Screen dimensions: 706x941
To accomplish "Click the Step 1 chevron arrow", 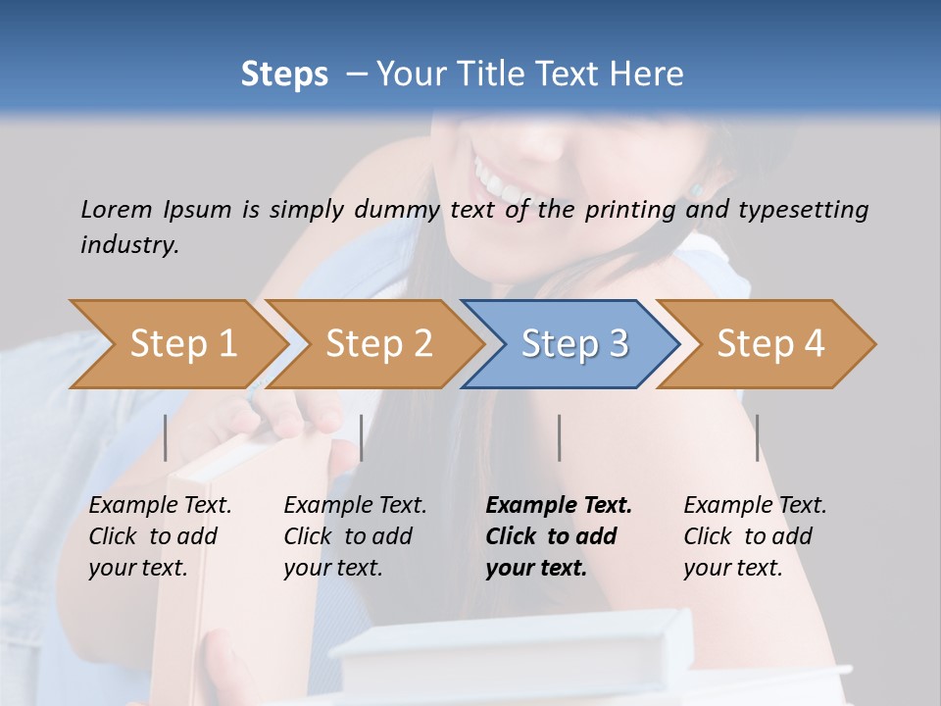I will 181,344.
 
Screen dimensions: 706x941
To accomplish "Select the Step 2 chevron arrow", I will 377,344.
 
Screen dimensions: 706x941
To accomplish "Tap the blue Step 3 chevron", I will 573,344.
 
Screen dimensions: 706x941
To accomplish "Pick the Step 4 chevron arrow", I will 769,344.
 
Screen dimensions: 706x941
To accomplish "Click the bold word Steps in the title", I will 284,74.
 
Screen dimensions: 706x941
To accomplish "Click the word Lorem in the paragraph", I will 116,209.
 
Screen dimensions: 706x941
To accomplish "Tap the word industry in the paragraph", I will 129,244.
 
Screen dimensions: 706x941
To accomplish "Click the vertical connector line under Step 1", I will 166,437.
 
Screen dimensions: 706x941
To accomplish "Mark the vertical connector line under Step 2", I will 362,437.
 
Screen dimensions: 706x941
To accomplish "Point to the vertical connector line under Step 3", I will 560,437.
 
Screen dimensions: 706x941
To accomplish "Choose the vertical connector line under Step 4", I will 758,437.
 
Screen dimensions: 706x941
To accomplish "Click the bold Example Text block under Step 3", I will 559,536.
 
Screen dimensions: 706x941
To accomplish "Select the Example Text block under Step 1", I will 160,536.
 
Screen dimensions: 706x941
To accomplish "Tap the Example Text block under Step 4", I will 755,536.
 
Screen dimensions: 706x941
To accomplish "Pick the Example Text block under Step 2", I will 355,536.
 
